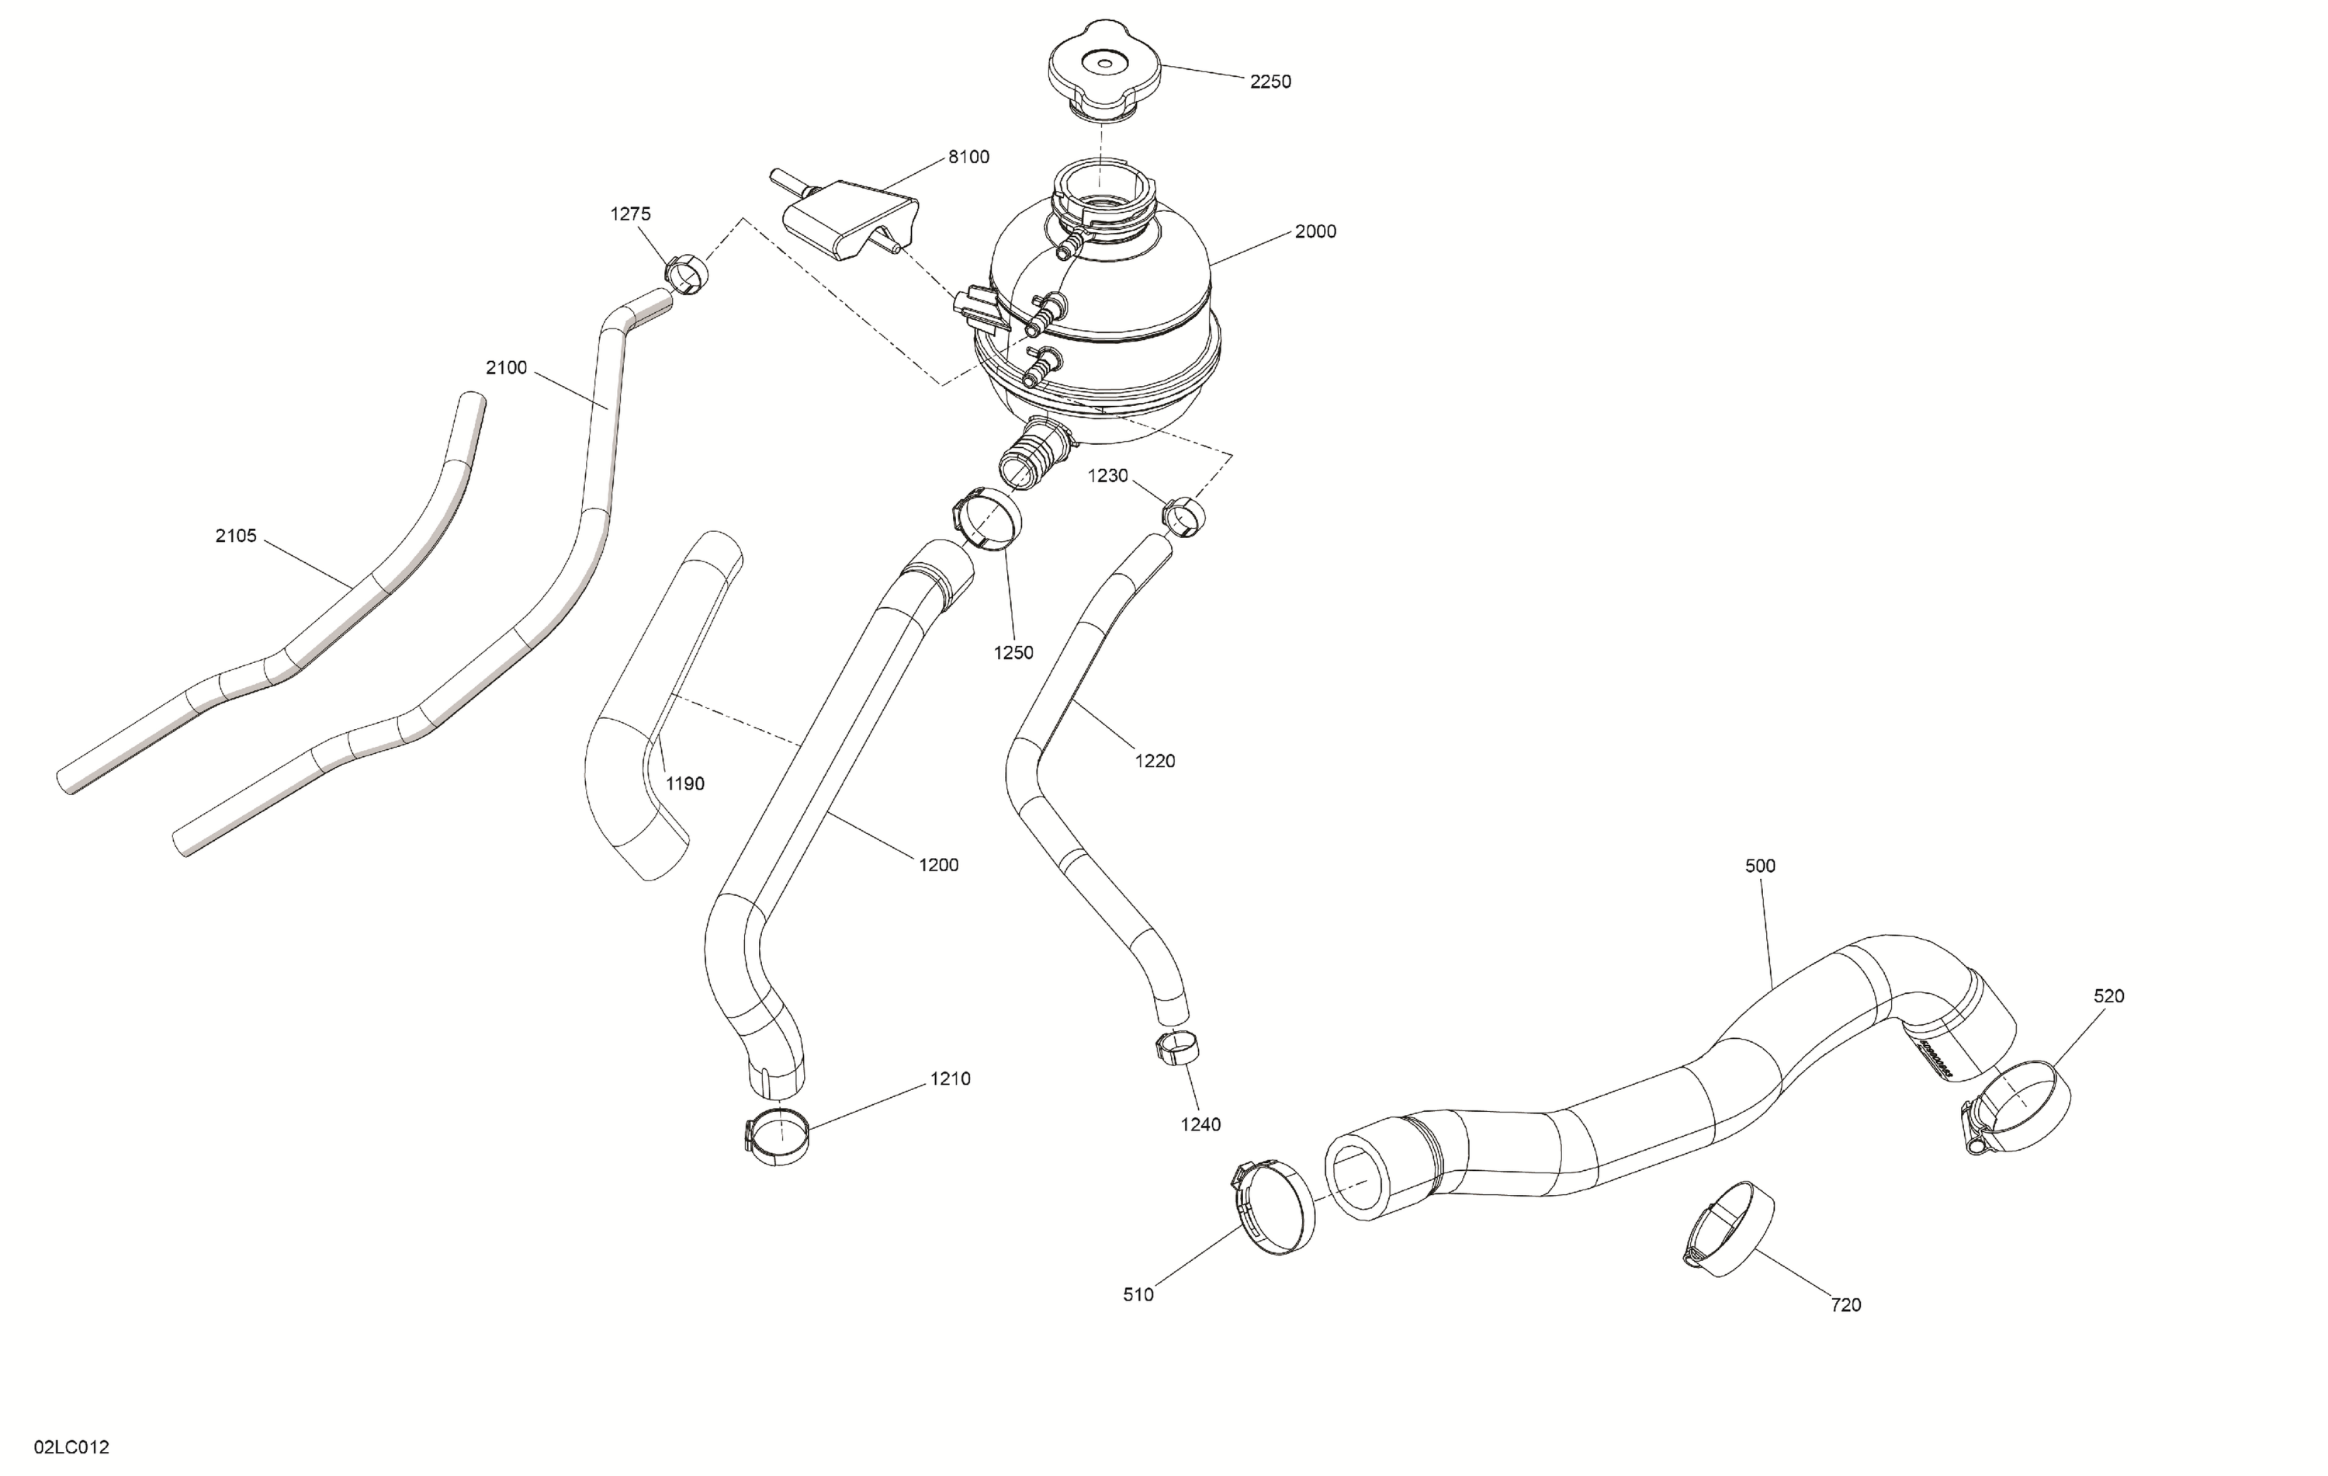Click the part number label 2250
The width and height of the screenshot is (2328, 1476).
(1270, 82)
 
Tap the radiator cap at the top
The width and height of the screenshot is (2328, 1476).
(1105, 67)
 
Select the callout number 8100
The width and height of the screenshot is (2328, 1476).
(968, 157)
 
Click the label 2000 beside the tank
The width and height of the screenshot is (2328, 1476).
(1315, 231)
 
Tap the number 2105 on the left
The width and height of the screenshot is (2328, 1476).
(236, 536)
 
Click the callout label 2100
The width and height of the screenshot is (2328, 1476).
(506, 367)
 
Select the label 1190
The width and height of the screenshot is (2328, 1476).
(684, 783)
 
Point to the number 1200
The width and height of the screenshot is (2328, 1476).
(937, 865)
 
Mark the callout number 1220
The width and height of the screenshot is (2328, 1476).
(1155, 761)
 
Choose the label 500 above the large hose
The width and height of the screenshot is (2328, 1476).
(1759, 866)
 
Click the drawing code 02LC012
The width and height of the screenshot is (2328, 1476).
(71, 1447)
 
